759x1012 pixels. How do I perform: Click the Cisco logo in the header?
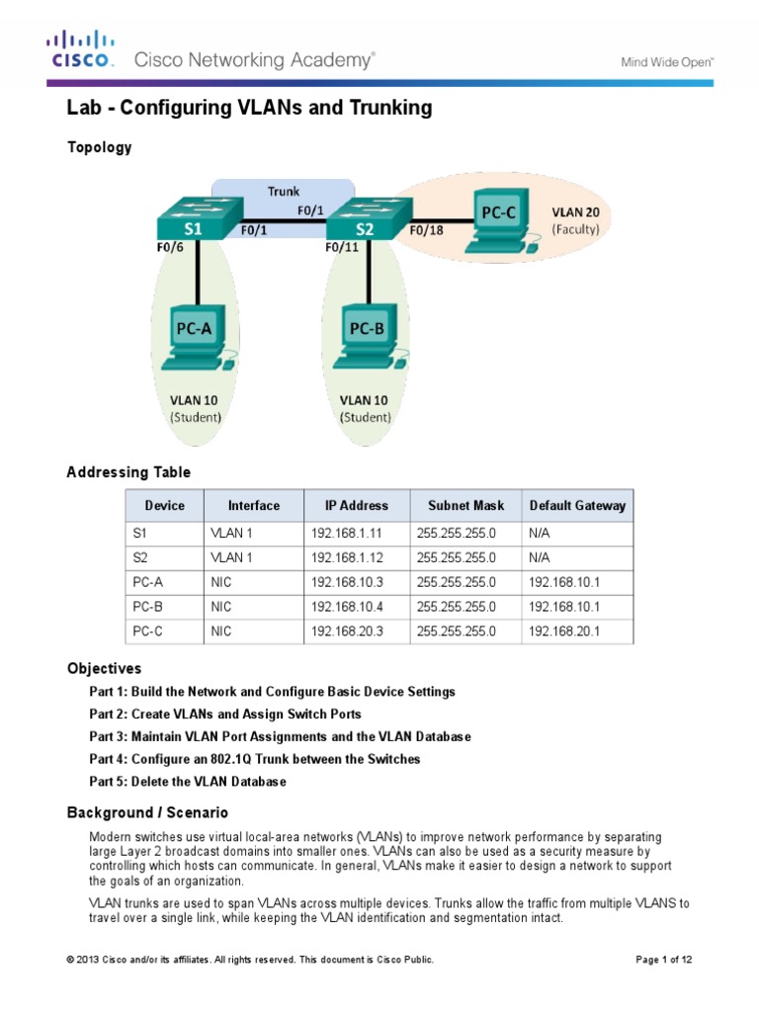81,49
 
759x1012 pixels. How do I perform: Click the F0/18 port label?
427,230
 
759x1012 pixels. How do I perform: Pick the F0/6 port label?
169,248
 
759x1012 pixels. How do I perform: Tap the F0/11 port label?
342,248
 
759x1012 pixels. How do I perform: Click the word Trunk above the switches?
284,191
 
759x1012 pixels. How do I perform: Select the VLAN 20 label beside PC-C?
574,211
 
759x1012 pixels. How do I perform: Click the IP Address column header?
356,505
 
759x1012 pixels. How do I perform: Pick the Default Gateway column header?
577,505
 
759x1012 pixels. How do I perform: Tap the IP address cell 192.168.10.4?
345,607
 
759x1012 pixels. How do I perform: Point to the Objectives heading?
104,668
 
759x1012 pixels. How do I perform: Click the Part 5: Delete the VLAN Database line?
188,782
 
